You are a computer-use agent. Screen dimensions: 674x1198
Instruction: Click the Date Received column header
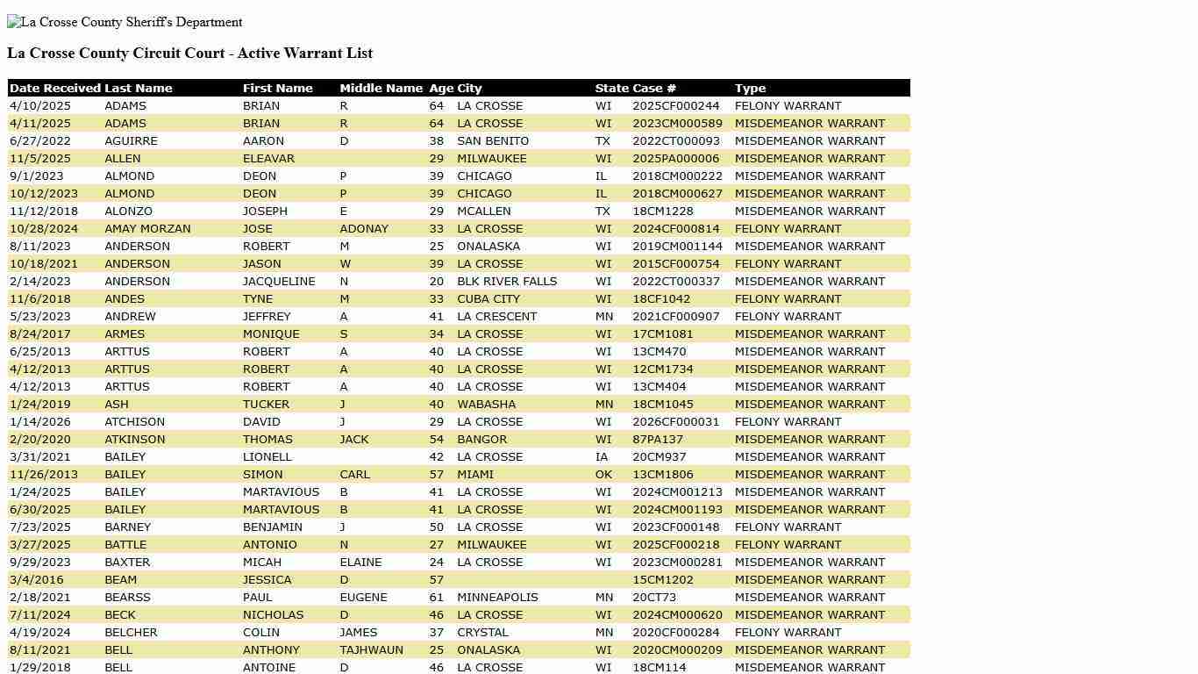[x=55, y=89]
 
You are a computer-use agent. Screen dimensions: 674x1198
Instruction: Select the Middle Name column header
[x=381, y=89]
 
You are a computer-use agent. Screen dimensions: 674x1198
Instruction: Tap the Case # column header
[x=654, y=89]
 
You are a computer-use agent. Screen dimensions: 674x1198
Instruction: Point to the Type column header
[x=750, y=89]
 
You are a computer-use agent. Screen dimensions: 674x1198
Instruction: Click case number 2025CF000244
[x=675, y=106]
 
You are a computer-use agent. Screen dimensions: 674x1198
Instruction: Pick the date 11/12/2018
[x=44, y=212]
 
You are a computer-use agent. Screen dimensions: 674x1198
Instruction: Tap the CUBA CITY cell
[x=488, y=299]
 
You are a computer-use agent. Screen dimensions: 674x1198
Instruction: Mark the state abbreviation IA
[x=602, y=457]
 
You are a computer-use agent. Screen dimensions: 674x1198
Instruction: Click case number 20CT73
[x=654, y=598]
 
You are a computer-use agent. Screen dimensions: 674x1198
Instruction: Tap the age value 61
[x=437, y=598]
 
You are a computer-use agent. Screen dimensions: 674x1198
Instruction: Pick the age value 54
[x=437, y=440]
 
